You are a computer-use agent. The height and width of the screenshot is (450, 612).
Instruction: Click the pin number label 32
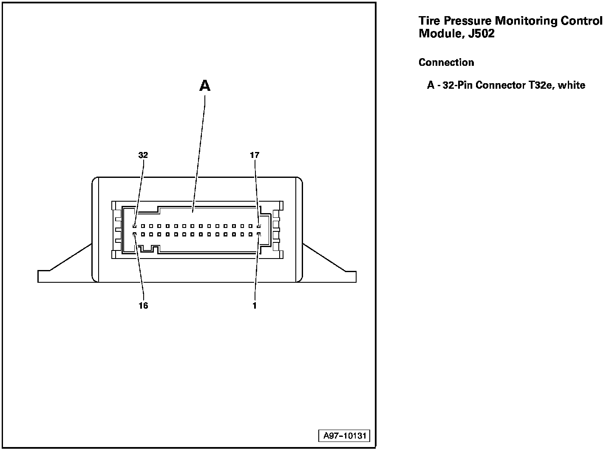click(143, 155)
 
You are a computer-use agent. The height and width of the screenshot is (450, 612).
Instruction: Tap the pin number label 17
click(255, 155)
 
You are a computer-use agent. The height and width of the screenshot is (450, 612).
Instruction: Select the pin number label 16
click(143, 306)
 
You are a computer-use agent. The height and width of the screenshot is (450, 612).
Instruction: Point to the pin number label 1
click(255, 306)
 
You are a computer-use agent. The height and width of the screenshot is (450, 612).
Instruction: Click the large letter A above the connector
click(205, 86)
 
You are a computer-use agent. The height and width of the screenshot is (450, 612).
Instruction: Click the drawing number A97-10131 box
click(344, 436)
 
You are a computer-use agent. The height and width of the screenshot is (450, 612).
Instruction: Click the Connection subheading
click(446, 62)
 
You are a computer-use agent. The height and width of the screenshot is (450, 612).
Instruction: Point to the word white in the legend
click(572, 85)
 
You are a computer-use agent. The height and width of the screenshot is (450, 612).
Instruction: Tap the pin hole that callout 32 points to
click(134, 226)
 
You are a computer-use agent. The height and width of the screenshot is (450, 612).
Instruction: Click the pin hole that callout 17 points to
click(259, 226)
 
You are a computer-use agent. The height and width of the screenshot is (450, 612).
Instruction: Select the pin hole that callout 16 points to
click(134, 234)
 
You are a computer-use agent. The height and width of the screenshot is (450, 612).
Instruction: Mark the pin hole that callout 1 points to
click(259, 234)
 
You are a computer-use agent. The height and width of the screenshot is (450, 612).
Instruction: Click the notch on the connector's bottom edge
click(149, 249)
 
